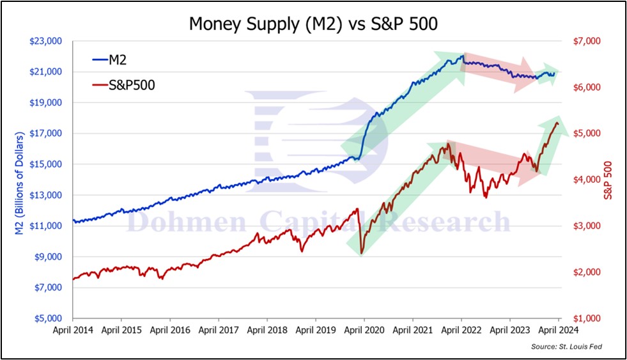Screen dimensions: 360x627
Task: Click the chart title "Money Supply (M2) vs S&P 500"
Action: pyautogui.click(x=313, y=24)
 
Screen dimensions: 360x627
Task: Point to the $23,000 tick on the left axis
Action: pyautogui.click(x=45, y=41)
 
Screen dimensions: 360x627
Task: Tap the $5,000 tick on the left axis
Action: pyautogui.click(x=47, y=318)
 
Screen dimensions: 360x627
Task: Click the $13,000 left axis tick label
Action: pyautogui.click(x=45, y=195)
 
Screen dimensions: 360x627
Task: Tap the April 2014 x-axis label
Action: pyautogui.click(x=73, y=331)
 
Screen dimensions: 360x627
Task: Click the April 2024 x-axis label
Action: pyautogui.click(x=559, y=331)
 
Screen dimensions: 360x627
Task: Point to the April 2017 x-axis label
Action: pyautogui.click(x=219, y=331)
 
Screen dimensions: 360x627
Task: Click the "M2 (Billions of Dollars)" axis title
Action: pyautogui.click(x=19, y=180)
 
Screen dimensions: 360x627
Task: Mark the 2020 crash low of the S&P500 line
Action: pyautogui.click(x=362, y=254)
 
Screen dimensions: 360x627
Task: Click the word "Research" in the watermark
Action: pyautogui.click(x=450, y=223)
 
